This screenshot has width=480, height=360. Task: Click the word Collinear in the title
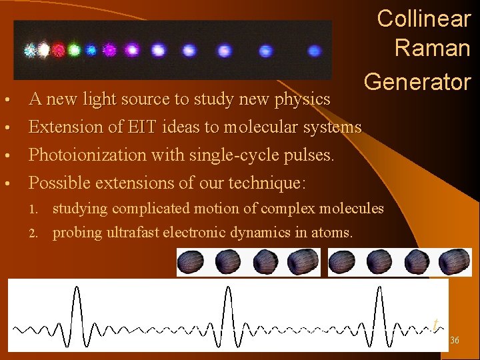[x=424, y=19]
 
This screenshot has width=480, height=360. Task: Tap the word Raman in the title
[x=432, y=48]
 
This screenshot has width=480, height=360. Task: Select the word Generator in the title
[x=417, y=81]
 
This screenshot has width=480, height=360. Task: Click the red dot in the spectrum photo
[x=59, y=49]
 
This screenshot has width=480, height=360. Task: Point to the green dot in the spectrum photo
[x=74, y=49]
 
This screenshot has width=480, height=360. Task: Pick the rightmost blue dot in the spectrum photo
[x=315, y=51]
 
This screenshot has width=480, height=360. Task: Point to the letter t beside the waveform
[x=435, y=325]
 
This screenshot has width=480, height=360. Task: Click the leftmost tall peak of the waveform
[x=77, y=307]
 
